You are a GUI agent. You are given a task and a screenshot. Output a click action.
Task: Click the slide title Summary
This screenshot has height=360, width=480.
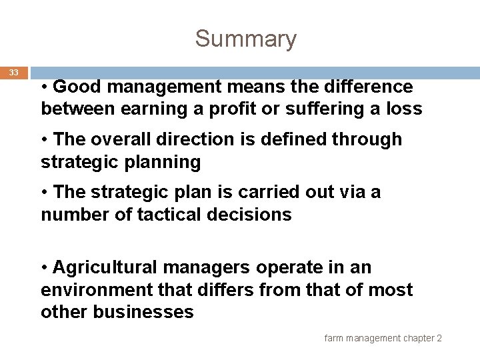[x=245, y=39]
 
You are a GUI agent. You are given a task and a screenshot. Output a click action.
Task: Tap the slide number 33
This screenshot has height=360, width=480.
[x=14, y=72]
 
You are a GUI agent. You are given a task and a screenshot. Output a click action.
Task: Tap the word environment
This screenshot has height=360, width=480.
[x=95, y=290]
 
